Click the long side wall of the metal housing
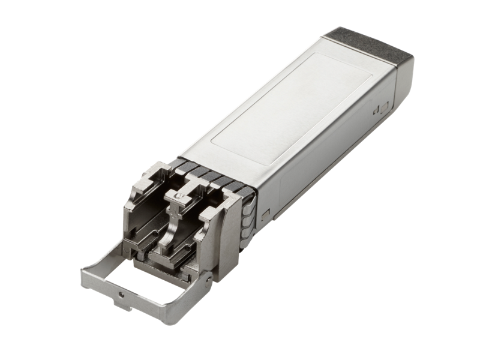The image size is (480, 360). click(324, 156)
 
